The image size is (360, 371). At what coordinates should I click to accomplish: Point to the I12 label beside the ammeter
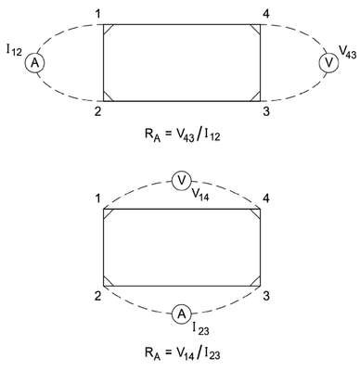click(x=14, y=50)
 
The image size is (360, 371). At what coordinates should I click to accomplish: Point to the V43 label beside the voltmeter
click(x=348, y=52)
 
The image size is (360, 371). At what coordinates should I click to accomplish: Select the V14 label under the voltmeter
click(x=200, y=194)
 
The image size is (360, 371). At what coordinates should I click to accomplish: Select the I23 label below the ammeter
click(x=200, y=328)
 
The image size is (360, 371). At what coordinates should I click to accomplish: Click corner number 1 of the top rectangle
click(x=98, y=14)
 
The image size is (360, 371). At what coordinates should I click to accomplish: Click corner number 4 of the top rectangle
click(x=265, y=14)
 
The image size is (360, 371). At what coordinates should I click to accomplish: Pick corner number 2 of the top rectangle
click(x=98, y=111)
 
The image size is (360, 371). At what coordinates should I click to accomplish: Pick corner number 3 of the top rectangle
click(x=266, y=111)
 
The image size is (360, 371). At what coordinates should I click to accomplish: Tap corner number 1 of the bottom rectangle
click(x=98, y=198)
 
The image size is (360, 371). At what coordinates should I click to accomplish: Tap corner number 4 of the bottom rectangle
click(x=265, y=198)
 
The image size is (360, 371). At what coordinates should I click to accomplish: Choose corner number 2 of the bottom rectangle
click(x=98, y=296)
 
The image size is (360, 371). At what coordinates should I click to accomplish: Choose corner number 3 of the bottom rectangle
click(x=266, y=296)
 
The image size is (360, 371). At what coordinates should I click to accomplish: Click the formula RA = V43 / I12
click(x=182, y=135)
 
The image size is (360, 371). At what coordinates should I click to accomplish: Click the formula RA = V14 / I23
click(x=182, y=353)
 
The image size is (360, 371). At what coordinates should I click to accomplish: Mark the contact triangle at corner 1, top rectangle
click(x=107, y=28)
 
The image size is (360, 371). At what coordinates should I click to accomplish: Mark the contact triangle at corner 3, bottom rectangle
click(x=257, y=283)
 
